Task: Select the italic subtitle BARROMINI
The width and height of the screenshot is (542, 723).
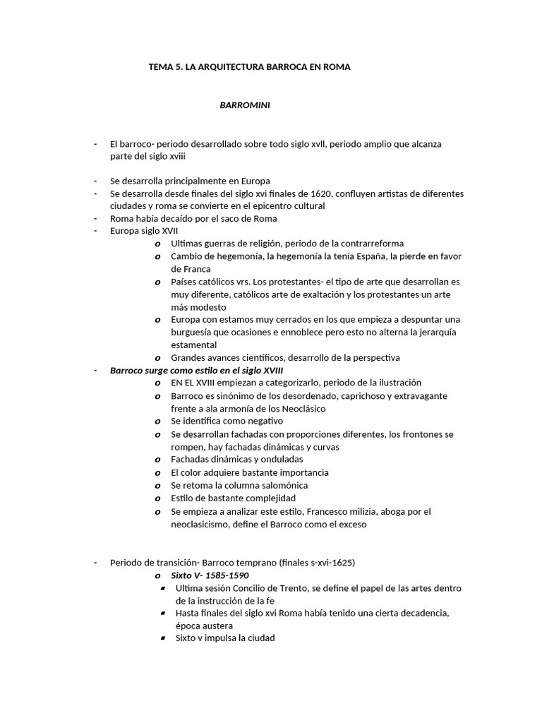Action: point(246,105)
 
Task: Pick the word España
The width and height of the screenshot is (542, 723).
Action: point(383,256)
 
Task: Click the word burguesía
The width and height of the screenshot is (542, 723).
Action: point(194,332)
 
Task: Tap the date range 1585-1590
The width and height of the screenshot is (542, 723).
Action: point(225,575)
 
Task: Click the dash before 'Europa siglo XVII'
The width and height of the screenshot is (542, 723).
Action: point(95,231)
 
